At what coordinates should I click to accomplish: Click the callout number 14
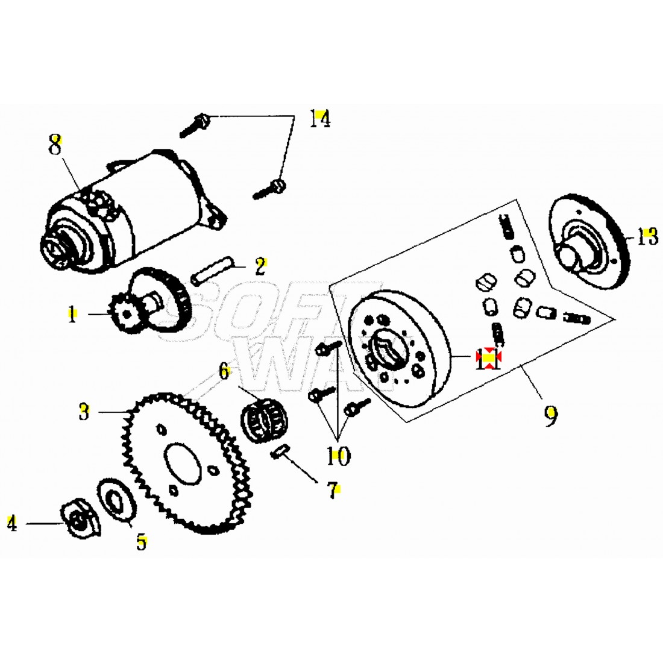pyautogui.click(x=319, y=119)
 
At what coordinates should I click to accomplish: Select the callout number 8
pyautogui.click(x=55, y=145)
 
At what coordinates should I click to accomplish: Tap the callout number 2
pyautogui.click(x=260, y=266)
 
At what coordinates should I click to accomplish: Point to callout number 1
pyautogui.click(x=72, y=314)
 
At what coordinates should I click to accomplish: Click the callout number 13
pyautogui.click(x=647, y=237)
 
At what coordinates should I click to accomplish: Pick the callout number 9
pyautogui.click(x=550, y=415)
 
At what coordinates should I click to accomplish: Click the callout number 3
pyautogui.click(x=84, y=412)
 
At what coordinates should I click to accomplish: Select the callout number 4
pyautogui.click(x=12, y=523)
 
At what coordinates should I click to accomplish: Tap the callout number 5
pyautogui.click(x=141, y=542)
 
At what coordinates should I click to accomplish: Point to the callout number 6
pyautogui.click(x=224, y=371)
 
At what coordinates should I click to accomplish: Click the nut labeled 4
pyautogui.click(x=80, y=520)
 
